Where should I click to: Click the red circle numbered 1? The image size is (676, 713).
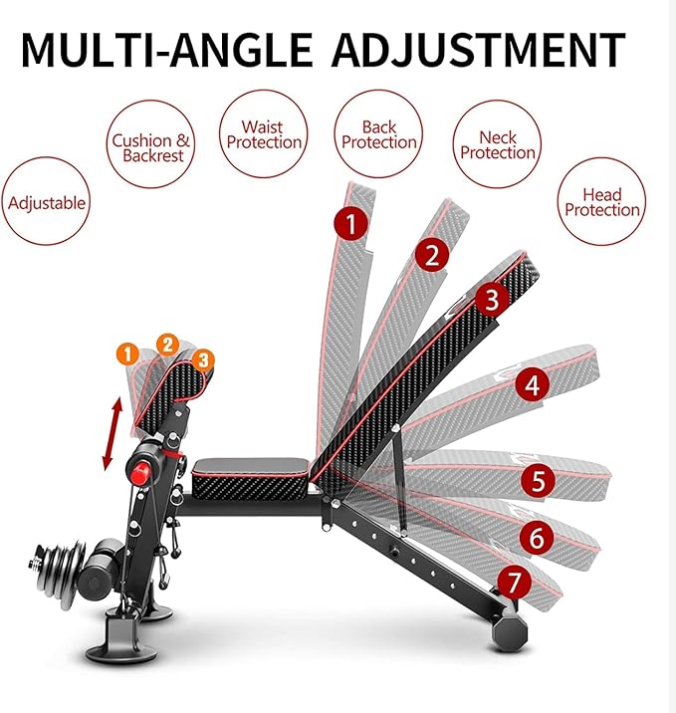click(x=351, y=223)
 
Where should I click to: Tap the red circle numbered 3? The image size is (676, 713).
click(x=493, y=300)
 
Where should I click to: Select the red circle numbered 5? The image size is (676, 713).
click(x=539, y=481)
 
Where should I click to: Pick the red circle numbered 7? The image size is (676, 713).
click(x=514, y=583)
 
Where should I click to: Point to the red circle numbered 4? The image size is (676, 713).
click(x=533, y=385)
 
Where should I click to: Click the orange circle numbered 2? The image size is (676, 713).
click(x=167, y=345)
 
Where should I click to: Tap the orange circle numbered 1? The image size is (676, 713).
click(x=127, y=355)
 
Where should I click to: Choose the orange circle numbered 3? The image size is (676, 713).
click(x=203, y=360)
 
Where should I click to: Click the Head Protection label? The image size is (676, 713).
click(x=601, y=202)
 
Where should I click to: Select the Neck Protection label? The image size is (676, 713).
click(x=498, y=144)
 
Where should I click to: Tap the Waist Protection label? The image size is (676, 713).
click(x=263, y=134)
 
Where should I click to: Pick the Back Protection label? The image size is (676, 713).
click(x=378, y=134)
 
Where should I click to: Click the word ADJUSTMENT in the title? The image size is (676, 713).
click(x=479, y=50)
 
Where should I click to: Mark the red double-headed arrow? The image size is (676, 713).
click(x=112, y=433)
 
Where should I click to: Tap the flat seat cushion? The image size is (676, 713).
click(x=252, y=477)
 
